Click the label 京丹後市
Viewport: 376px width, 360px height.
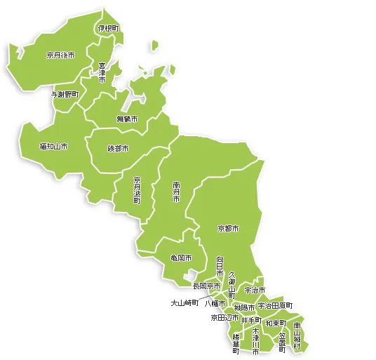pyautogui.click(x=60, y=55)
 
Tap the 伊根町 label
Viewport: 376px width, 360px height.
pyautogui.click(x=108, y=28)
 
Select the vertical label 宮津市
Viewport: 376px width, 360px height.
pyautogui.click(x=102, y=73)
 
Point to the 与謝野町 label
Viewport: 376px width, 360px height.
pyautogui.click(x=65, y=93)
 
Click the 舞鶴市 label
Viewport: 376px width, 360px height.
pyautogui.click(x=127, y=119)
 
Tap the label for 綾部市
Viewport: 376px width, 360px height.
pyautogui.click(x=118, y=149)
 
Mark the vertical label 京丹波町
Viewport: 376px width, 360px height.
pyautogui.click(x=137, y=190)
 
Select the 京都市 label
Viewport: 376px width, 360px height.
pyautogui.click(x=228, y=229)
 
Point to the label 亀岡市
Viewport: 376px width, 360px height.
pyautogui.click(x=181, y=258)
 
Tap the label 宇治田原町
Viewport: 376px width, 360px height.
pyautogui.click(x=275, y=306)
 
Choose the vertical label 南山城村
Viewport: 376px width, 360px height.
pyautogui.click(x=297, y=336)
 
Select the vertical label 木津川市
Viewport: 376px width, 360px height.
pyautogui.click(x=256, y=340)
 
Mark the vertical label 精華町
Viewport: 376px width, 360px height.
pyautogui.click(x=236, y=344)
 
